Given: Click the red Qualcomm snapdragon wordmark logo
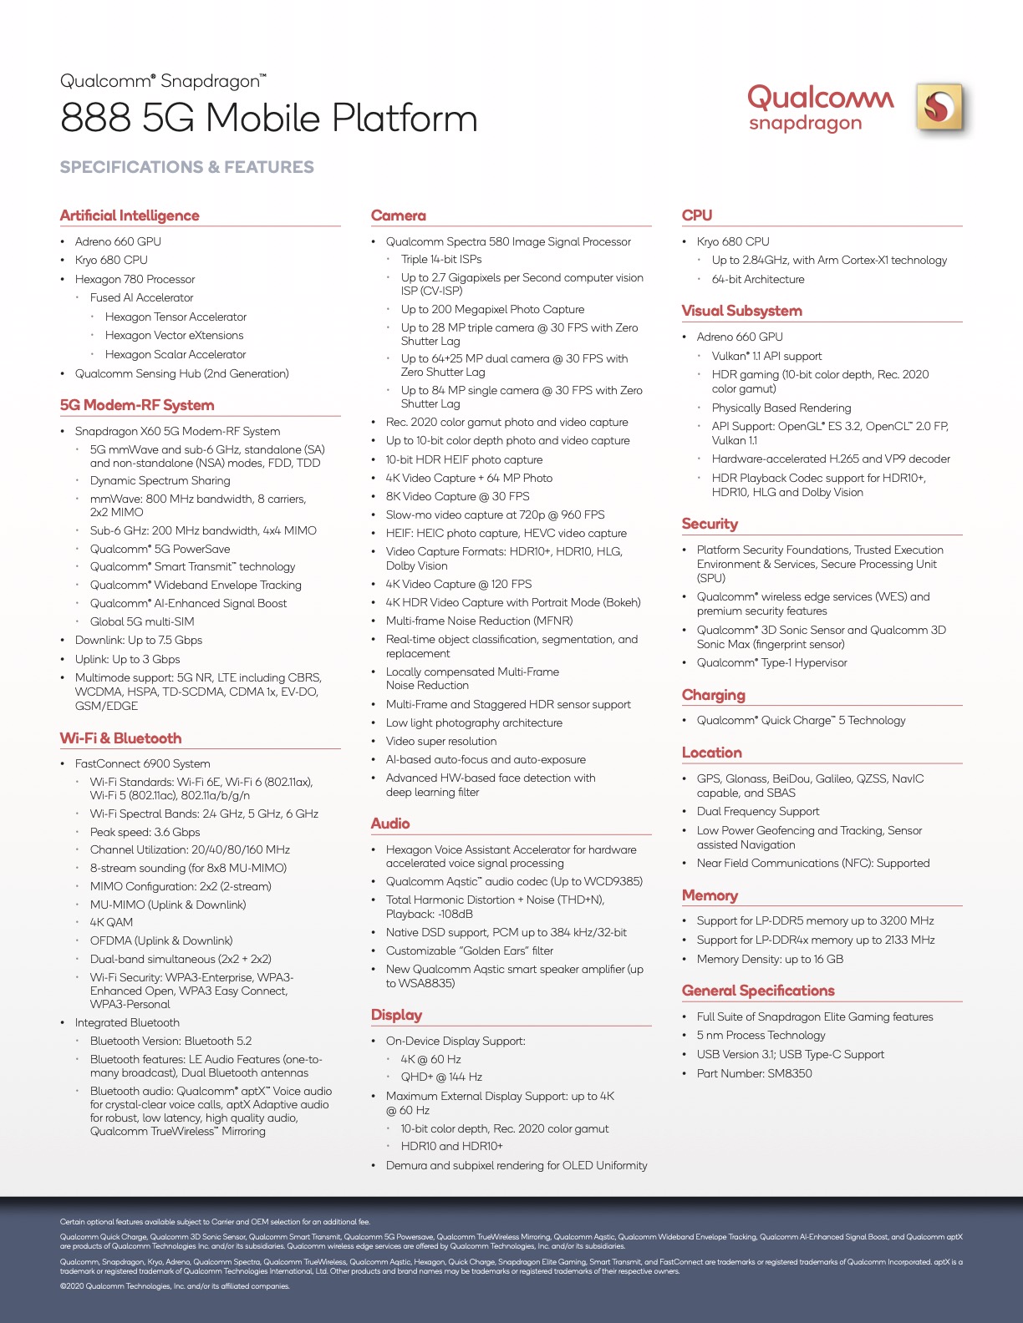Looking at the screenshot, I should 820,108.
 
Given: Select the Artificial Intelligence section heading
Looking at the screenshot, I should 130,215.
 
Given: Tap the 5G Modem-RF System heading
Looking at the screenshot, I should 137,405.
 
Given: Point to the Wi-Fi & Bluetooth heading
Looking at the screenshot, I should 120,738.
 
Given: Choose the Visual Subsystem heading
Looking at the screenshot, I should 741,311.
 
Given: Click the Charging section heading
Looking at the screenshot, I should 713,695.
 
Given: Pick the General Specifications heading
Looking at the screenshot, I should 758,991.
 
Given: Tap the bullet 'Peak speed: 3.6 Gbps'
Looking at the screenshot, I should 145,832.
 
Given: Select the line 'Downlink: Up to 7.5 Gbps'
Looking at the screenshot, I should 139,640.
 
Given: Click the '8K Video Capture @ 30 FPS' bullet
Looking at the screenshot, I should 457,496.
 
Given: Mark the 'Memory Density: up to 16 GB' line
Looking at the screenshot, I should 770,959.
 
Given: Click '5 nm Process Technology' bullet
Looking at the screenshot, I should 761,1035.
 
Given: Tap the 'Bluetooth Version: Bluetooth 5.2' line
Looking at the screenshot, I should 170,1041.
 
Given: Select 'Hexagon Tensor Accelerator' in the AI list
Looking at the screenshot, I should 176,317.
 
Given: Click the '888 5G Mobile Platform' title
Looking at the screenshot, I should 268,119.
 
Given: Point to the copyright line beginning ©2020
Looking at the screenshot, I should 175,1286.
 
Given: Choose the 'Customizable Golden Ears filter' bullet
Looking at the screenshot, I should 469,950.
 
